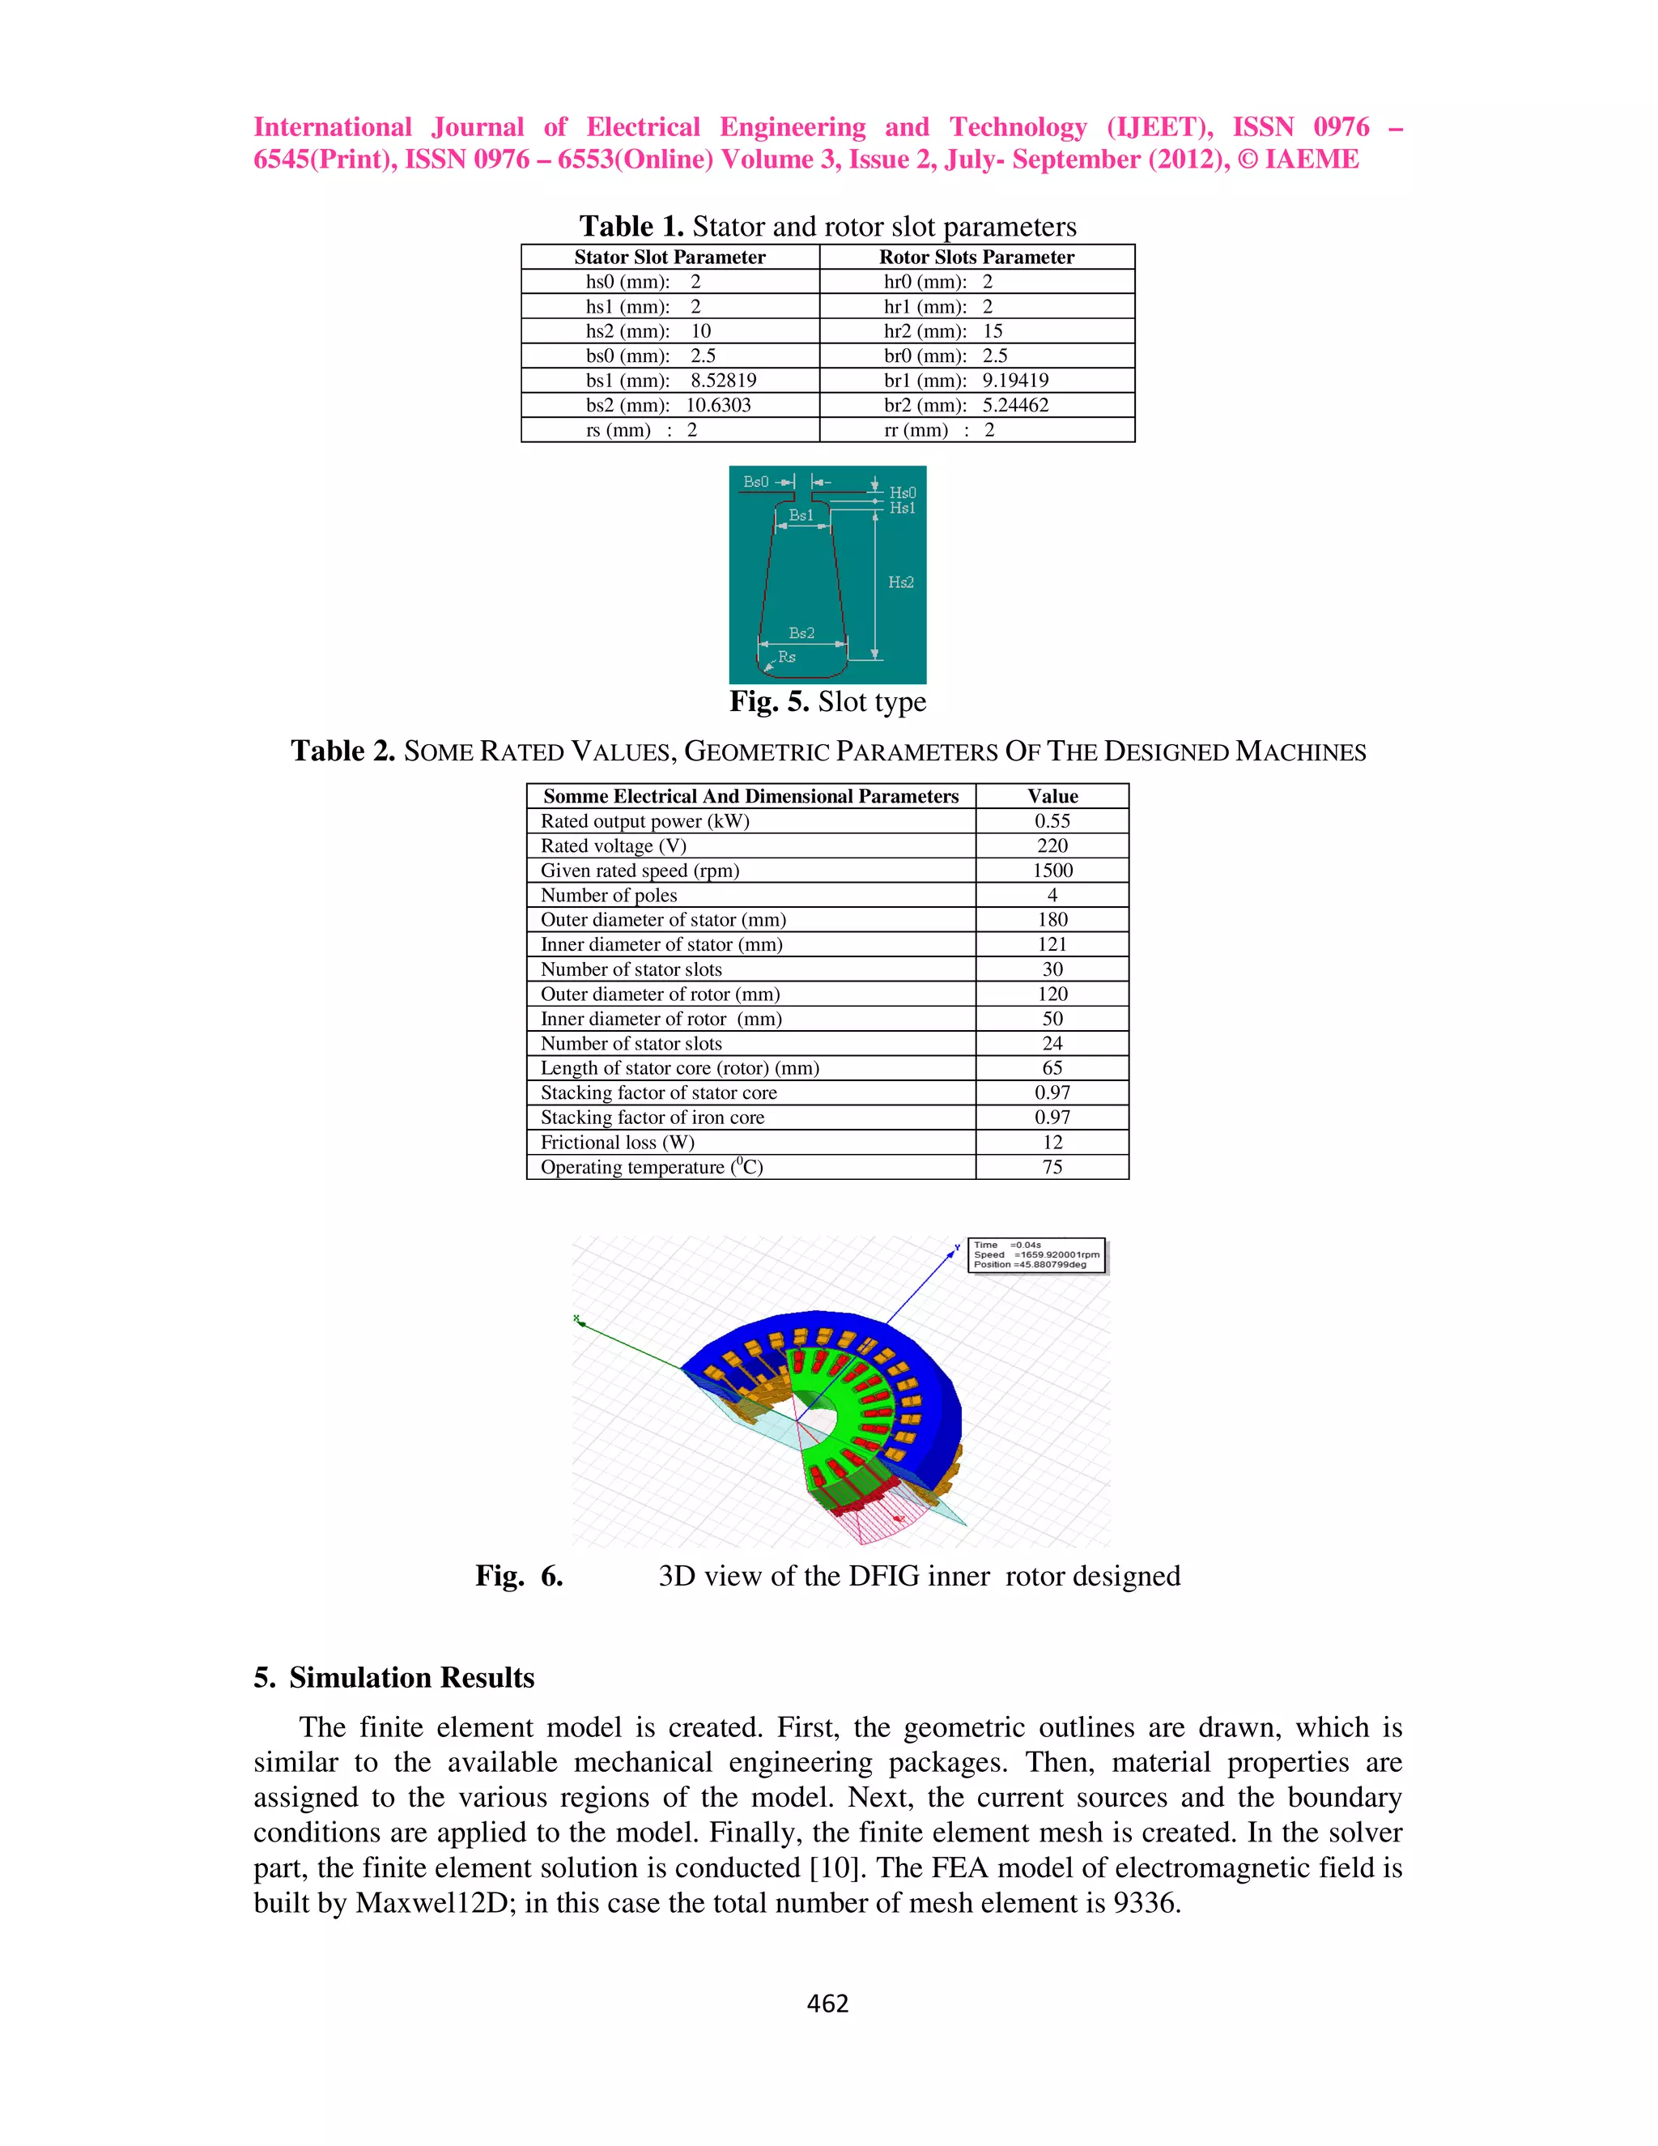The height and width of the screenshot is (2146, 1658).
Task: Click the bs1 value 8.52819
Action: click(x=723, y=381)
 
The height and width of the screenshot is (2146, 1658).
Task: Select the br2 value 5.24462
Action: click(x=1016, y=405)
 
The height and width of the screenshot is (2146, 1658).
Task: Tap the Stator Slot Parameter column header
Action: click(x=669, y=258)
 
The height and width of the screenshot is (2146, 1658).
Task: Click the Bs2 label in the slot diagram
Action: click(x=801, y=632)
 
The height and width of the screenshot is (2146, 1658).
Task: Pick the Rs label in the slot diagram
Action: click(x=787, y=657)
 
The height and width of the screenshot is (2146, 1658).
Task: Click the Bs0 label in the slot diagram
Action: click(x=755, y=482)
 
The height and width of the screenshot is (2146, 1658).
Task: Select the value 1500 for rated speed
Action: click(x=1052, y=871)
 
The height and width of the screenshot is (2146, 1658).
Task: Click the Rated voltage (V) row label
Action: click(x=613, y=846)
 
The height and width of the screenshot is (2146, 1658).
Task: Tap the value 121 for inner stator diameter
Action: click(x=1052, y=944)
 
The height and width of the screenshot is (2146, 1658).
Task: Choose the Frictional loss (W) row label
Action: click(x=617, y=1142)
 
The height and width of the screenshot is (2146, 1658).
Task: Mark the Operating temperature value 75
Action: click(x=1052, y=1167)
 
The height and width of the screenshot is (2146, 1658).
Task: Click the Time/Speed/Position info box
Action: click(x=1036, y=1254)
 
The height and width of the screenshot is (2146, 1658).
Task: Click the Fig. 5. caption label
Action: click(x=768, y=701)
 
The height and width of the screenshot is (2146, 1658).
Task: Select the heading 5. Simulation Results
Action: click(x=394, y=1677)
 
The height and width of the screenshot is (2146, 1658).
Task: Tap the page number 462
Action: click(x=827, y=2003)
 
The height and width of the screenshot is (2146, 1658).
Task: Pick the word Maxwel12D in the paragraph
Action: click(x=432, y=1903)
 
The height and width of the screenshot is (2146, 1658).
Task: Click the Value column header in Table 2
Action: click(x=1052, y=796)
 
